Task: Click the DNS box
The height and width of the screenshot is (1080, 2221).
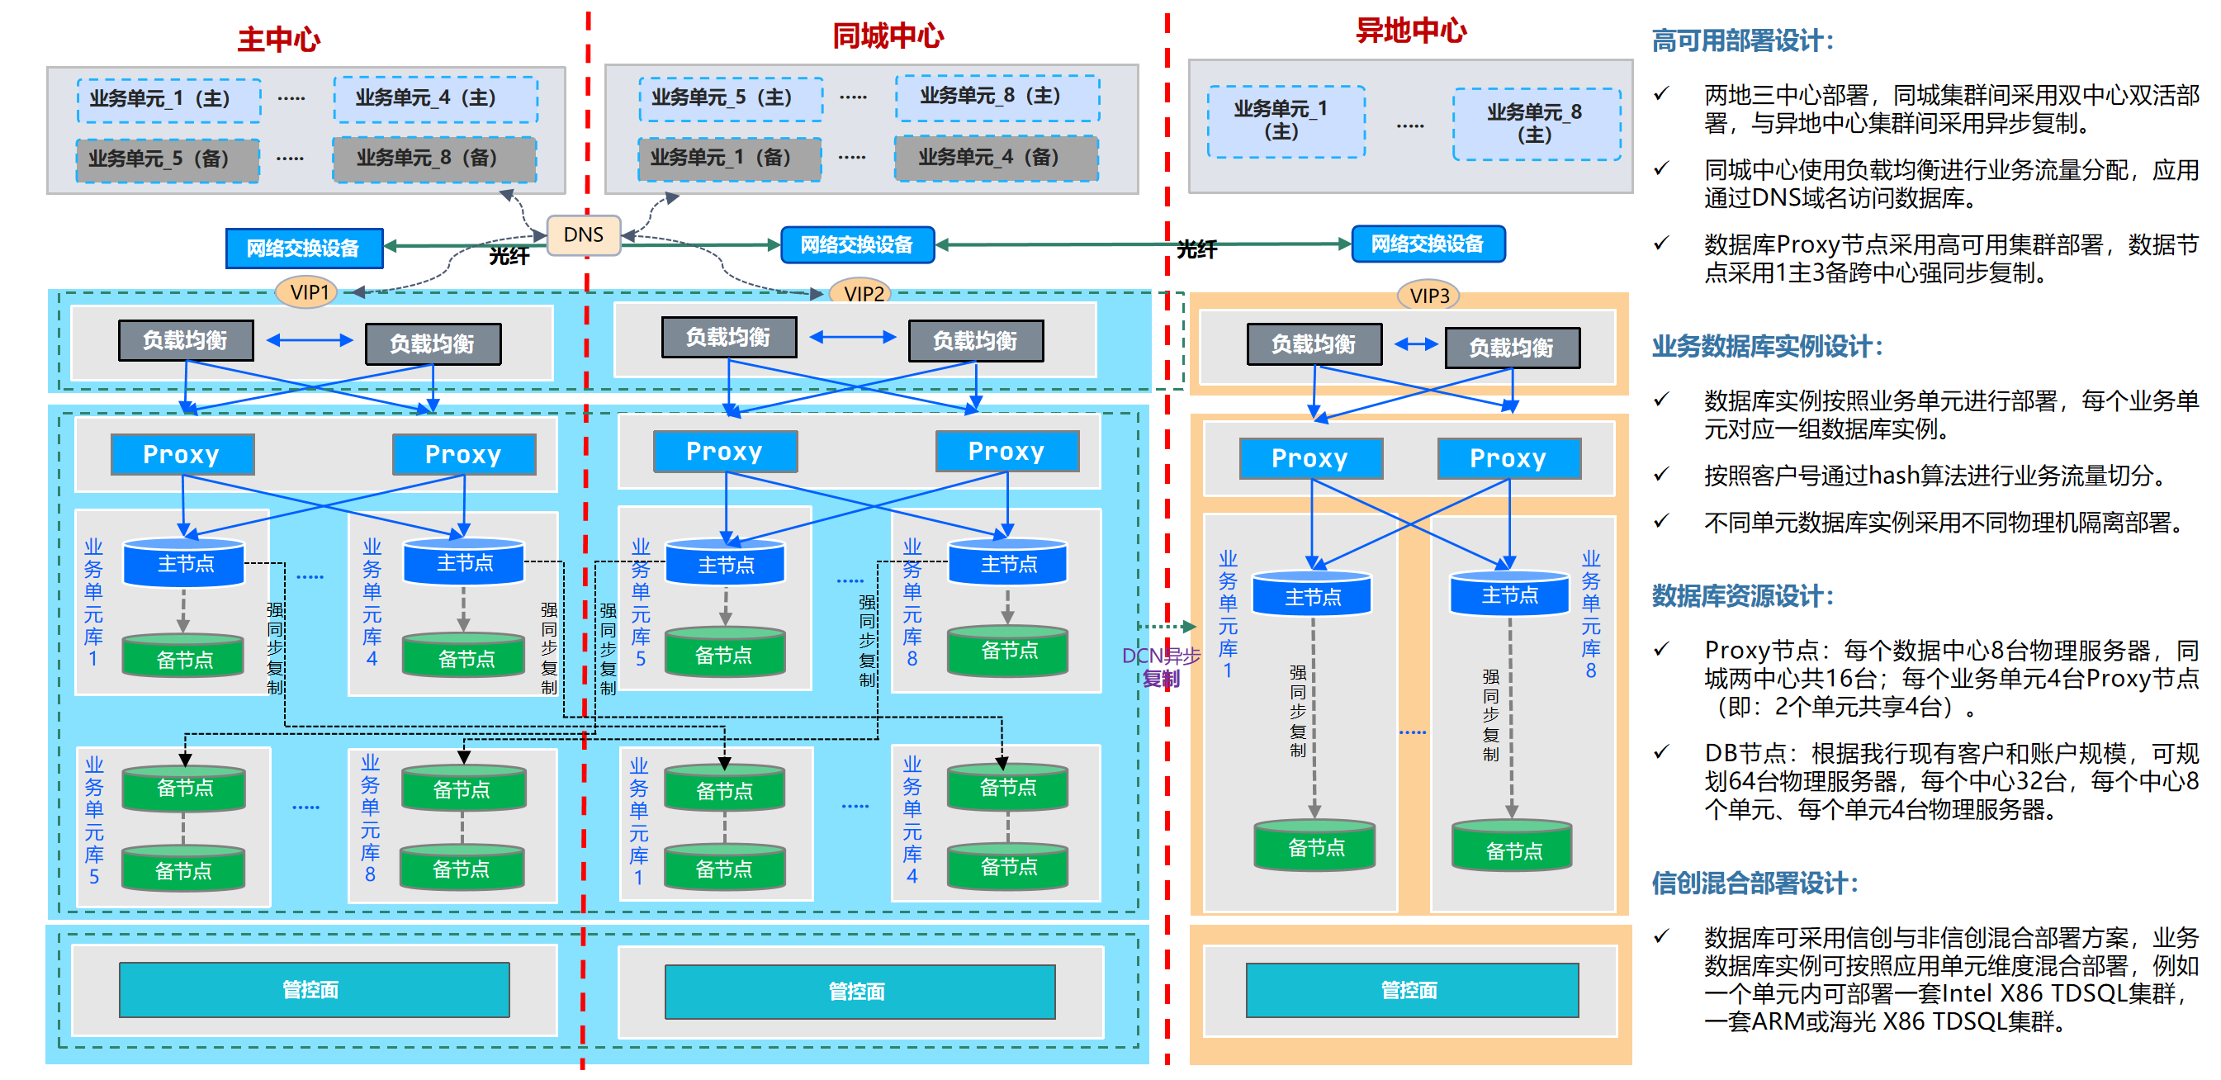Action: coord(584,235)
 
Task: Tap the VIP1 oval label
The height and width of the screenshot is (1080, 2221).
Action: coord(309,292)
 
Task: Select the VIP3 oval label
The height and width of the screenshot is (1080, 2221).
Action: coord(1428,296)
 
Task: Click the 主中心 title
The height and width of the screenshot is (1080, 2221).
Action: coord(278,40)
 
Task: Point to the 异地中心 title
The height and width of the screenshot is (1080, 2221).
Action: coord(1410,31)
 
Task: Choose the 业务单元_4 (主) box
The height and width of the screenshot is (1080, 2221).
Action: coord(435,98)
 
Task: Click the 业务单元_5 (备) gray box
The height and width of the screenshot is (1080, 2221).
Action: coord(168,159)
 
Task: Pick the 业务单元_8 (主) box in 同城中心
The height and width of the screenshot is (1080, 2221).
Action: coord(997,97)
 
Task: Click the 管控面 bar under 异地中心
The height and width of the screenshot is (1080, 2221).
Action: coord(1410,990)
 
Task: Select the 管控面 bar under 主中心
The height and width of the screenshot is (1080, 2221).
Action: coord(314,989)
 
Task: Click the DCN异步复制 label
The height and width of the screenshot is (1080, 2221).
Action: coord(1161,667)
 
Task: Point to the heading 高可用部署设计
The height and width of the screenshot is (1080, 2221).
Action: coord(1741,40)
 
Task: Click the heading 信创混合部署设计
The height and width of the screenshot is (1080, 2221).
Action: coord(1755,883)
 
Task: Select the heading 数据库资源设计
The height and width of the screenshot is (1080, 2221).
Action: coord(1742,595)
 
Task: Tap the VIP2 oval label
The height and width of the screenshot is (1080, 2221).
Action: coord(863,294)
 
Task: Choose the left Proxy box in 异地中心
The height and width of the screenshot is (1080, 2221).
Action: coord(1309,458)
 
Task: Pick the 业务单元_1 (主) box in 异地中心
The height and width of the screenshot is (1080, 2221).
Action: coord(1286,121)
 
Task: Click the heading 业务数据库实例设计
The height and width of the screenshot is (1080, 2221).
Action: coord(1767,347)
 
